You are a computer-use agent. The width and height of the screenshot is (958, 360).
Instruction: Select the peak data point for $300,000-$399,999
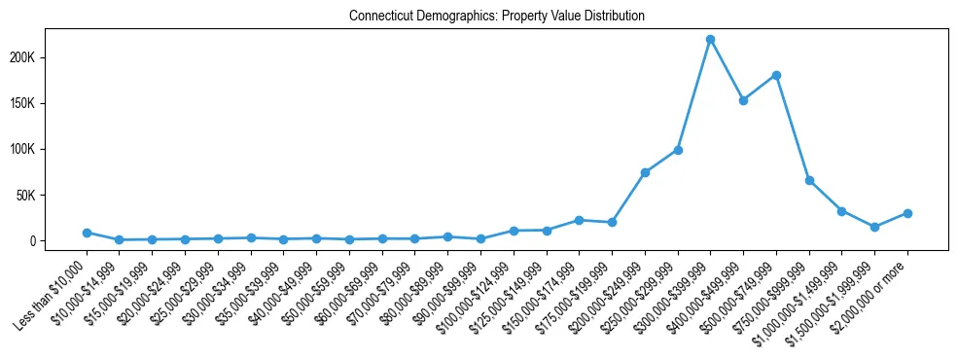(710, 39)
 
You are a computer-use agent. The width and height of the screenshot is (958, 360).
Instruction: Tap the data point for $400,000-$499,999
(743, 100)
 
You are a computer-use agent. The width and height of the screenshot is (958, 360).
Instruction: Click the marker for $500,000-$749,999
(776, 75)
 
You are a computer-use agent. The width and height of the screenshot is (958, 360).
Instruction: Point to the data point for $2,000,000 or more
(907, 213)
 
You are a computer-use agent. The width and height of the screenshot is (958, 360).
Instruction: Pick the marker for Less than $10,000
(87, 233)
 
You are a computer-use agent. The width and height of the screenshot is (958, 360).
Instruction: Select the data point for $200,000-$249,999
(645, 172)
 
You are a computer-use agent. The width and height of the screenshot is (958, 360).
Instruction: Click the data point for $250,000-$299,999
(678, 150)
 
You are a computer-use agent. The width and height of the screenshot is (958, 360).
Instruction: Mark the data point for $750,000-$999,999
(809, 180)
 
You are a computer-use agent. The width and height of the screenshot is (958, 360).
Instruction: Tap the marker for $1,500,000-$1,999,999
(874, 227)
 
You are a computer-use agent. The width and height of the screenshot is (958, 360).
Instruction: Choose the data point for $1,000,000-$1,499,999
(841, 210)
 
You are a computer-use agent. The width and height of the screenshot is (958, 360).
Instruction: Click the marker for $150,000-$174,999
(579, 220)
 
